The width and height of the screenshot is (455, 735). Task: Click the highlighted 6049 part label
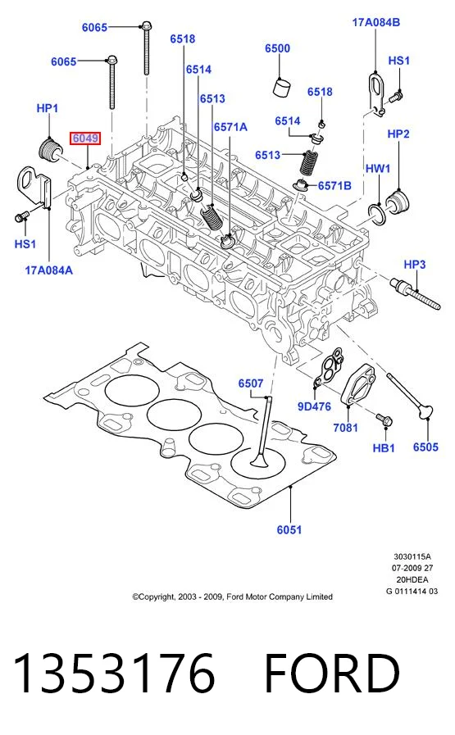85,138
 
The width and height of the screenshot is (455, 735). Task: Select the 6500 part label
277,48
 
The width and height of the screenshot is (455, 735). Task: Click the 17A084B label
376,22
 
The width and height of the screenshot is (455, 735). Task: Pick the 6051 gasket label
289,529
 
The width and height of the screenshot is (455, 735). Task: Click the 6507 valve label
251,383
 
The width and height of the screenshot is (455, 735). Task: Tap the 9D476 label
314,406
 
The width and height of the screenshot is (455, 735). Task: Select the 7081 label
345,428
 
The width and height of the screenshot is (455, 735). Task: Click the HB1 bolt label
384,448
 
